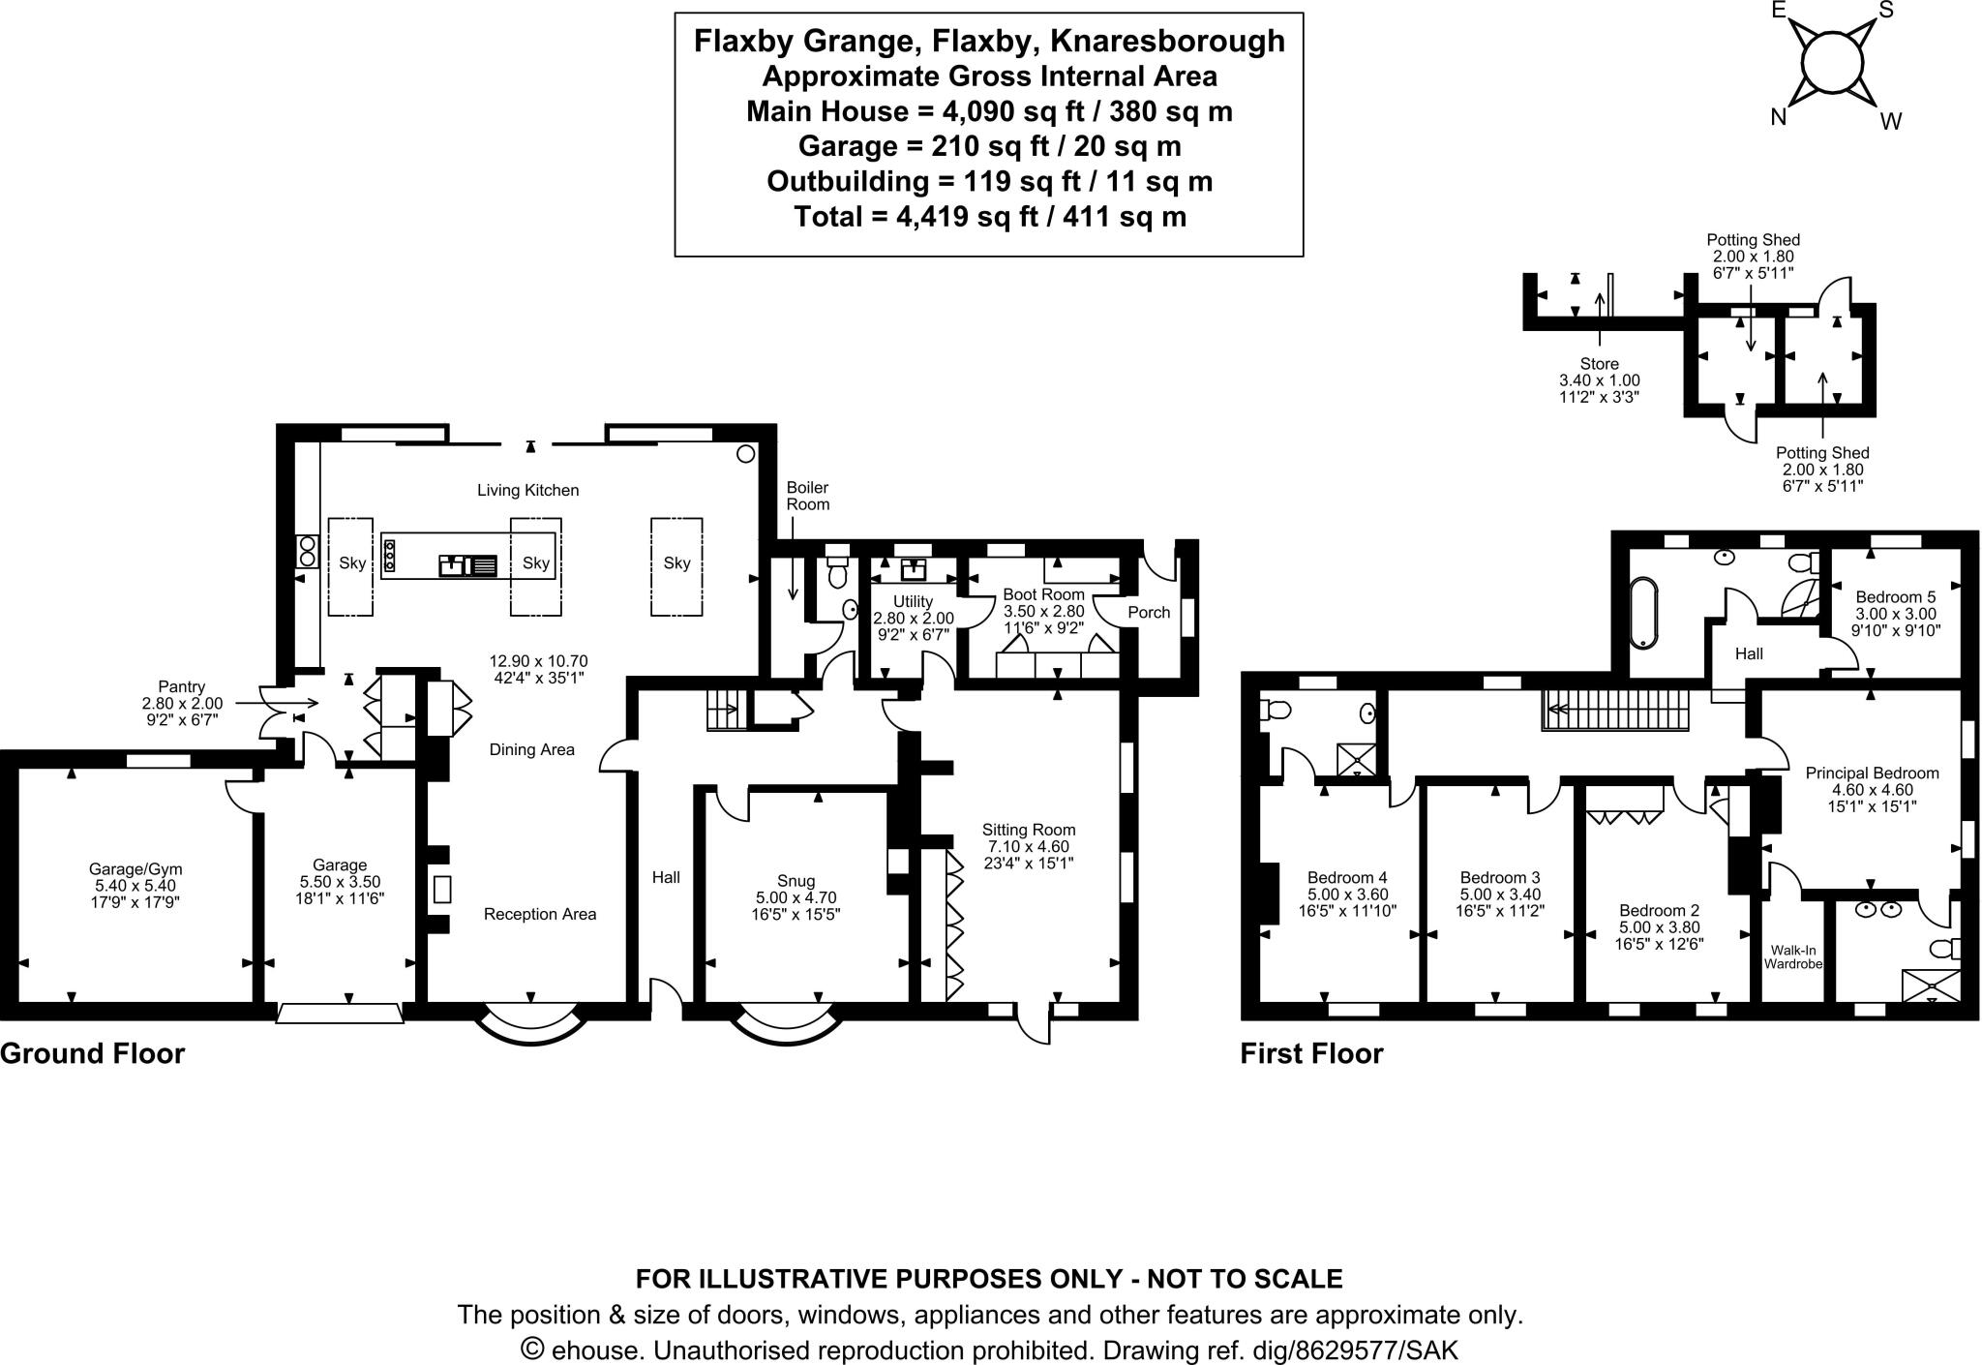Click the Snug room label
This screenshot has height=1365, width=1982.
(x=796, y=881)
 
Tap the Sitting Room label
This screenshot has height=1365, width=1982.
(x=1028, y=830)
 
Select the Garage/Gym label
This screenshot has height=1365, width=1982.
(x=135, y=869)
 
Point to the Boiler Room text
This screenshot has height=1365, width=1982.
(x=807, y=496)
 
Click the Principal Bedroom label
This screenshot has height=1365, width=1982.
(x=1872, y=773)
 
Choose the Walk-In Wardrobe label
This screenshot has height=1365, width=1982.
(x=1792, y=957)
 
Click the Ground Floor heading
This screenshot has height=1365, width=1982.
(x=92, y=1053)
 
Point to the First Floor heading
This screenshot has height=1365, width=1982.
(x=1311, y=1053)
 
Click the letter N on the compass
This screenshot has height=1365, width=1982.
(x=1778, y=117)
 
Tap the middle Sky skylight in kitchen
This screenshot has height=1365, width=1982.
(x=535, y=563)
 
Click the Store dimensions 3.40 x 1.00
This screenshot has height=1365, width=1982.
(x=1599, y=380)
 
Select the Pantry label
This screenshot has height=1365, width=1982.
(x=181, y=686)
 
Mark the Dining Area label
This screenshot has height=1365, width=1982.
(x=531, y=749)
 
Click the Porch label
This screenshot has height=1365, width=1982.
(x=1149, y=612)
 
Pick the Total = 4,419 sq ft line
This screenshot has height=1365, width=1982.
(x=989, y=217)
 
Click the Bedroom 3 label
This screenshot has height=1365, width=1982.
(x=1500, y=877)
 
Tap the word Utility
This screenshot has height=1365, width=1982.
(x=913, y=601)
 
